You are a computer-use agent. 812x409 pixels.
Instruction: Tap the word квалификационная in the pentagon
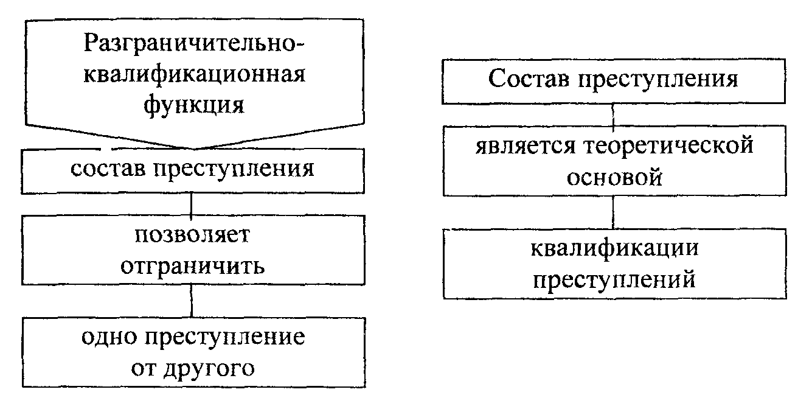194,75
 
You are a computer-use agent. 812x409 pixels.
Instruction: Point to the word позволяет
193,236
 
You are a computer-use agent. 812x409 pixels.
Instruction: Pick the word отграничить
192,266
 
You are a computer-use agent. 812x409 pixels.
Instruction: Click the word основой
613,178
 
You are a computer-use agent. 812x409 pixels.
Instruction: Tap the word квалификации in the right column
614,249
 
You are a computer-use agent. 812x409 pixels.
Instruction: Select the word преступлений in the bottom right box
614,280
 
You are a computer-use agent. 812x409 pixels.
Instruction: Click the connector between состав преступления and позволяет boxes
192,205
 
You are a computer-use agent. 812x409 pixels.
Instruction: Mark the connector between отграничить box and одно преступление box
192,299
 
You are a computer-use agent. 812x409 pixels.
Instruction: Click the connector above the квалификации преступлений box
613,212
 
